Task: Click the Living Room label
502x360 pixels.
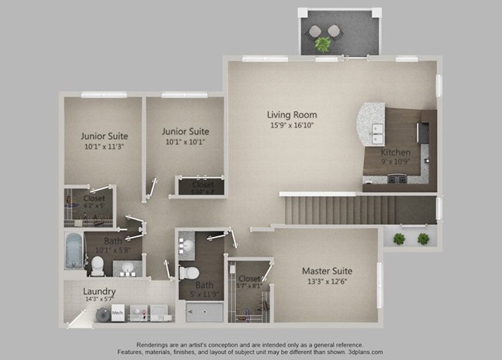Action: pos(291,115)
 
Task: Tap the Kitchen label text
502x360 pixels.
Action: pos(395,152)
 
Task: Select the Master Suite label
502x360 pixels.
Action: pos(327,270)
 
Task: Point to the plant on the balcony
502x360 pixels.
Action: pos(323,44)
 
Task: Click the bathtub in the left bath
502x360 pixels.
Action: pos(74,251)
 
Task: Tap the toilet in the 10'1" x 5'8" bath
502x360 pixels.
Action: pos(97,263)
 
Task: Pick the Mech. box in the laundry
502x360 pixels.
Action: pos(118,312)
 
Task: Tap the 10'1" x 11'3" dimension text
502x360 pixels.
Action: pos(104,148)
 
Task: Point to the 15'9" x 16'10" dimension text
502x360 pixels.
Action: pos(291,126)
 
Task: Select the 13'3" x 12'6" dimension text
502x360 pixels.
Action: pos(327,281)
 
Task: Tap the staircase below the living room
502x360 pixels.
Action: pos(337,209)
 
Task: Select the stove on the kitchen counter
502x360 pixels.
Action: pos(396,178)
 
